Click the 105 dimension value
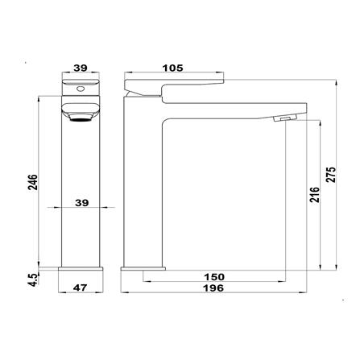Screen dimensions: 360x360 [172, 68]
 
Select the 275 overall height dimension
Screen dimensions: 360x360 [331, 175]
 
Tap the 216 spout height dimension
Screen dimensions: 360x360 [315, 195]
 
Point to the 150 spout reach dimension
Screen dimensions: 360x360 [214, 277]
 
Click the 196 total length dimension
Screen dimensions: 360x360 [213, 288]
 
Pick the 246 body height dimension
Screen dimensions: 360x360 [33, 182]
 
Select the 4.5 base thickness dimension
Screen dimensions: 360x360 [34, 280]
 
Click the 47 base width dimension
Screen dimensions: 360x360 [81, 288]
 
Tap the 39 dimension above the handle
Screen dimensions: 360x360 [81, 68]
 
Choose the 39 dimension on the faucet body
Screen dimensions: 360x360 [81, 203]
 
